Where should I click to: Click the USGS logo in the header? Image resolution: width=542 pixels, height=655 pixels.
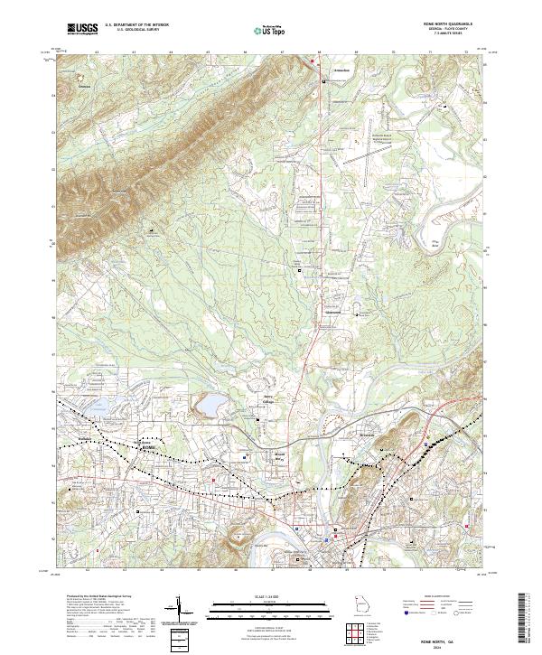pos(82,29)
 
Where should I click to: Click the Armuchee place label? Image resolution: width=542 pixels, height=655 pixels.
pos(337,69)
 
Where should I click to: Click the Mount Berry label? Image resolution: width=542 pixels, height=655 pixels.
pos(279,456)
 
